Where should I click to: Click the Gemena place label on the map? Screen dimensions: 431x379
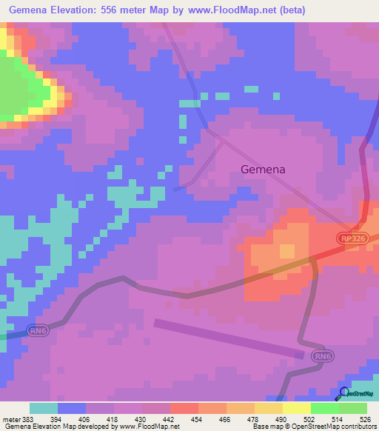click(x=263, y=169)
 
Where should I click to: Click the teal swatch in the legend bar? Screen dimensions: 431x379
click(x=44, y=408)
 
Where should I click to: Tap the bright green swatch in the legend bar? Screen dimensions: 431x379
click(x=324, y=408)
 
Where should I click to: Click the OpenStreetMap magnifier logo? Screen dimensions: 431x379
click(x=343, y=393)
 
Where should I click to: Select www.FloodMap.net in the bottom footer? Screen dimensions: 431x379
click(x=150, y=427)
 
